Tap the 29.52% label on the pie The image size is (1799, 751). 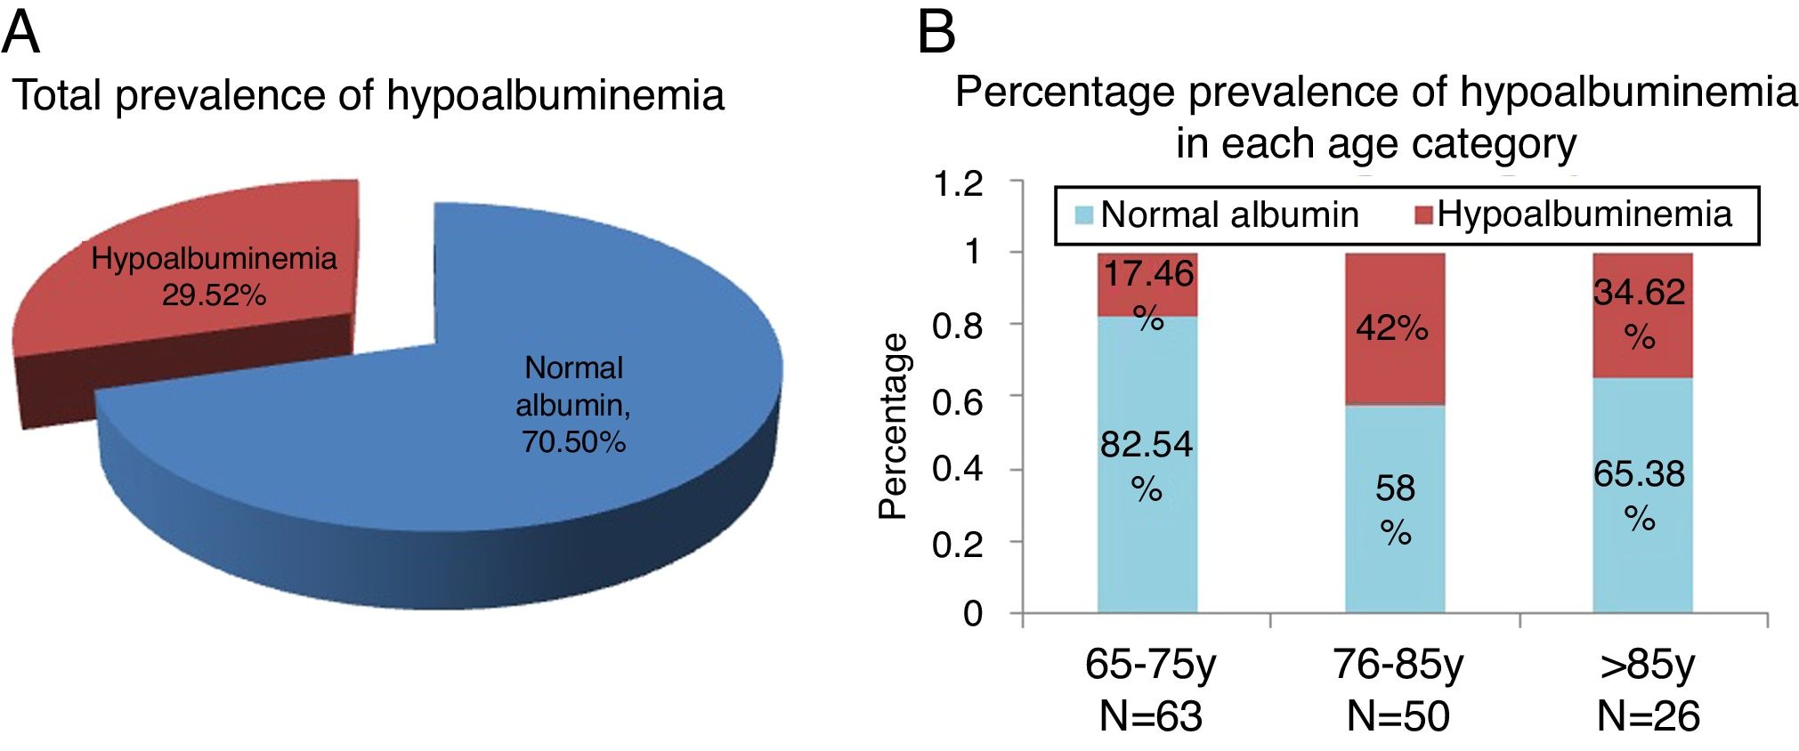214,295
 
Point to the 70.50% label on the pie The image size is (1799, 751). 573,441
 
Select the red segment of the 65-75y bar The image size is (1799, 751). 1147,285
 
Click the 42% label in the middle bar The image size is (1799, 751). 1392,328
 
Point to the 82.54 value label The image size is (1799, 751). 1147,444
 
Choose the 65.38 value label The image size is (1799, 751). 1639,474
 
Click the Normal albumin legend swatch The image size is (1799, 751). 1083,214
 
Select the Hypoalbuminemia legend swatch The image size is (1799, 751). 1423,214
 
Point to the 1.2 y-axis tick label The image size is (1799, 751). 958,184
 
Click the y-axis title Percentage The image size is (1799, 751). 893,425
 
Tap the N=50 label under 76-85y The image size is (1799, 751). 1398,716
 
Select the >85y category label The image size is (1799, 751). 1647,665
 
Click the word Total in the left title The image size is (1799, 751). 58,95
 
